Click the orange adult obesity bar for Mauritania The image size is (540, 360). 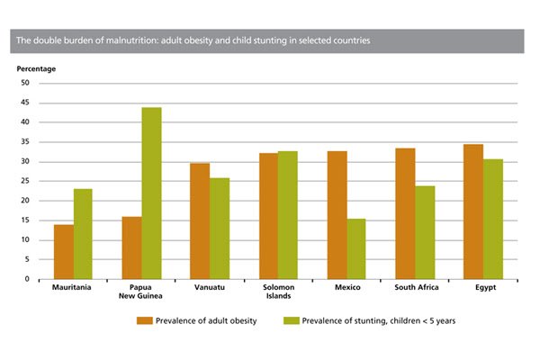(64, 251)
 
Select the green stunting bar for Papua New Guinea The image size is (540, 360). (151, 193)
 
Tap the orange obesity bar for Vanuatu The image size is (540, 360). (199, 220)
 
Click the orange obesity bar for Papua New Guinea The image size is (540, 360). (132, 247)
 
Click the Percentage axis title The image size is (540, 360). (35, 68)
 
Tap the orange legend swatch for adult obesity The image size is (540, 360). (144, 320)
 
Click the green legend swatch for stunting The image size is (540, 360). (292, 320)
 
